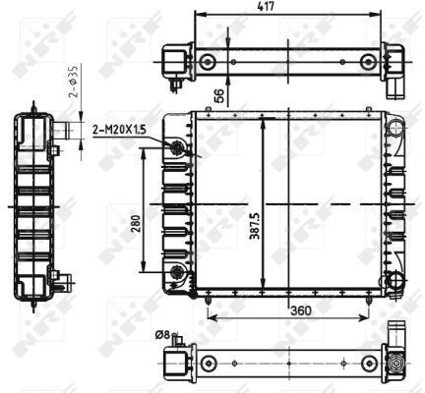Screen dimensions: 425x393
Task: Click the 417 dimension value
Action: [266, 7]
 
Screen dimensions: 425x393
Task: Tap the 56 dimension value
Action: [220, 95]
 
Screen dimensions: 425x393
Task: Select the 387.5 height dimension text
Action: [255, 226]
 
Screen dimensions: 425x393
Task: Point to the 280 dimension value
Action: [136, 224]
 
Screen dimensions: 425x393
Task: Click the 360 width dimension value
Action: [301, 310]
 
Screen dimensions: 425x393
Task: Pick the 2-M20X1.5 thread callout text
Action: [119, 131]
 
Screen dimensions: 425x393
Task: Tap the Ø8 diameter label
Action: [162, 335]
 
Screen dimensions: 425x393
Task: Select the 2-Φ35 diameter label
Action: [75, 82]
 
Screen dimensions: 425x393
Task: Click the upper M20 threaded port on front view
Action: [177, 148]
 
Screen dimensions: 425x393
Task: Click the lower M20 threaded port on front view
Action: [177, 271]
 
